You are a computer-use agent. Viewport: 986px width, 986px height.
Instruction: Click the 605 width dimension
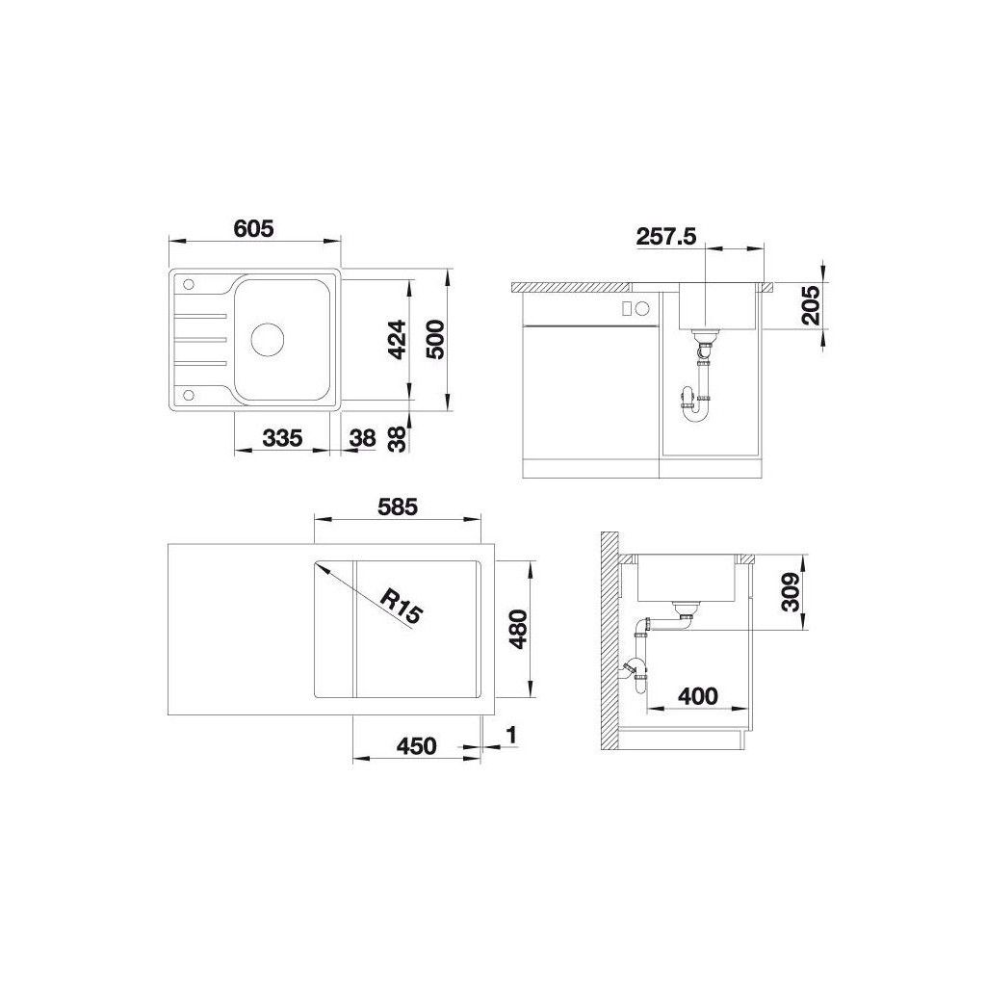[x=253, y=228]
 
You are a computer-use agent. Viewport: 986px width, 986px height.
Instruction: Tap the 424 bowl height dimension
[x=397, y=340]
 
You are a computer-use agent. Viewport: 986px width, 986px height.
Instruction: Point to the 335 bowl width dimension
[x=282, y=438]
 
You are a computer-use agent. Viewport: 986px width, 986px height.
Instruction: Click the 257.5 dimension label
[x=666, y=237]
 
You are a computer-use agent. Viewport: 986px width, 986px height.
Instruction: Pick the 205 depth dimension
[x=811, y=305]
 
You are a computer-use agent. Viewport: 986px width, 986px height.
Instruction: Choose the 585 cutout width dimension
[x=397, y=506]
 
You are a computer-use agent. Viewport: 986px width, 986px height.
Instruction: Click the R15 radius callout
[x=401, y=605]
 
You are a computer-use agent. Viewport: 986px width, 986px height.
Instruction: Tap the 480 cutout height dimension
[x=519, y=629]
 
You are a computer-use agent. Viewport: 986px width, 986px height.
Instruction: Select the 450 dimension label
[x=416, y=746]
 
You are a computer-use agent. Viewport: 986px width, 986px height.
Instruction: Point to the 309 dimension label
[x=791, y=592]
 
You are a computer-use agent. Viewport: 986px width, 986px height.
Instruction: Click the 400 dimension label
[x=698, y=696]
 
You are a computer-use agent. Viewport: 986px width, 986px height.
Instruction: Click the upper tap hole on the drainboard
[x=188, y=284]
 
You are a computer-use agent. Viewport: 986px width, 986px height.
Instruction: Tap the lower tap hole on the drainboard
[x=188, y=395]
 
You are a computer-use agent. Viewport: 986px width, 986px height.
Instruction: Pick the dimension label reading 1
[x=511, y=735]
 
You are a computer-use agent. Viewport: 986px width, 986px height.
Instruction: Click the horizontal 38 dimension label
[x=362, y=438]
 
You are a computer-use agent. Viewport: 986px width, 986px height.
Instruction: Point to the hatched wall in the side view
[x=610, y=642]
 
